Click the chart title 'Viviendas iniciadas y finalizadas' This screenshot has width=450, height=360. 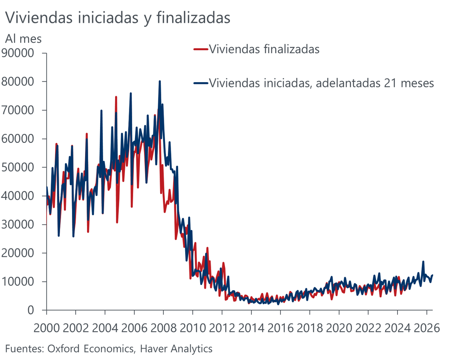tap(117, 18)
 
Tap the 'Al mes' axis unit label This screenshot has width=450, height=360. tap(23, 38)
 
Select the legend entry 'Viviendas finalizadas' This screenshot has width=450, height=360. tap(264, 49)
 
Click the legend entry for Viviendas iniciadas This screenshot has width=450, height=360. tap(321, 83)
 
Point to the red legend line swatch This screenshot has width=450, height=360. tap(200, 49)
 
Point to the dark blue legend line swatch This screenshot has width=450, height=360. tap(200, 83)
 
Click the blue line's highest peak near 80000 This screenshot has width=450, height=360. tap(160, 81)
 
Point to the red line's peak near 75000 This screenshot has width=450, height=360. tap(116, 97)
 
